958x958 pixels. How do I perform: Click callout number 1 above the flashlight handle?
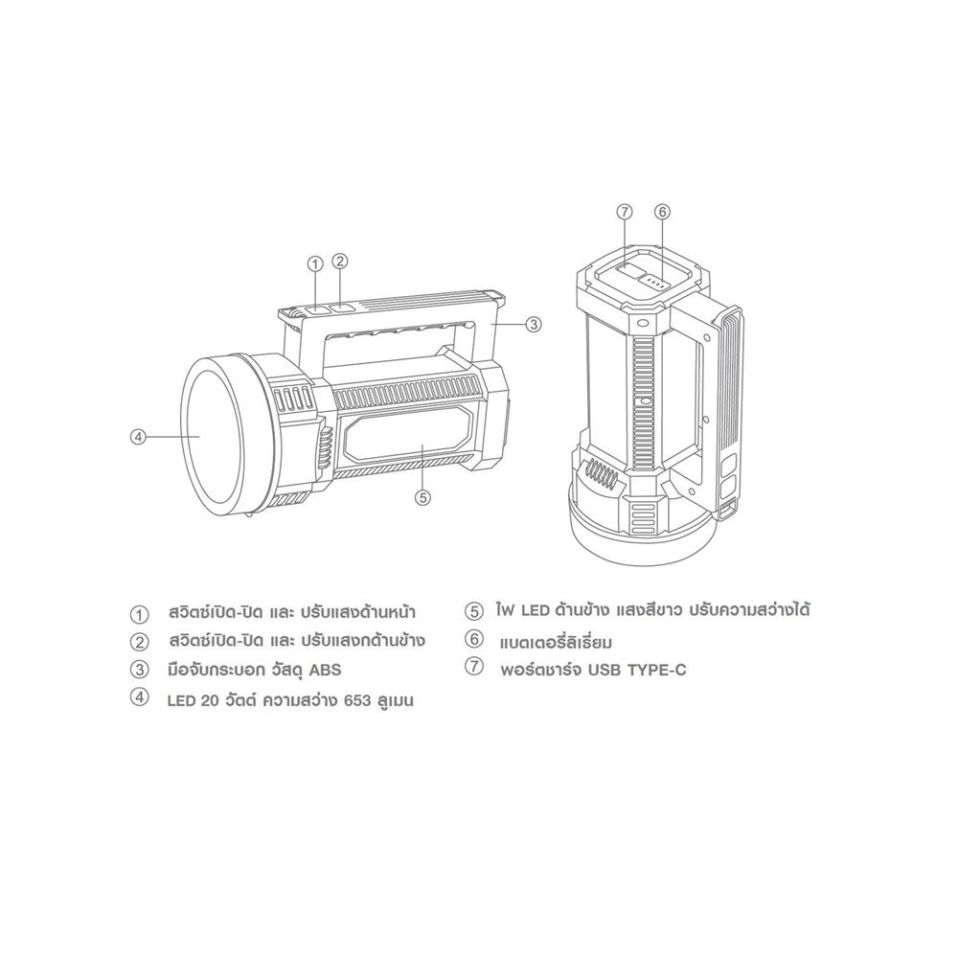point(316,264)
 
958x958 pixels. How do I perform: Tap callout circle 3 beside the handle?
point(535,324)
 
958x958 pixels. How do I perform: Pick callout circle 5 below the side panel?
point(422,496)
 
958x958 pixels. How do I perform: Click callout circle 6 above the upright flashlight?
point(662,212)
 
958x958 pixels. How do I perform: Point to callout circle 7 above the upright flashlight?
point(625,212)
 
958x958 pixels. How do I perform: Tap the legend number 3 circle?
point(141,669)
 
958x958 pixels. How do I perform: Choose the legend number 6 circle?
point(472,639)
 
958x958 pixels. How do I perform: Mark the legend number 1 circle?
point(141,612)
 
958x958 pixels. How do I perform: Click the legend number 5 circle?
point(472,610)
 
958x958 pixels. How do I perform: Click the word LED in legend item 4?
point(181,700)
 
